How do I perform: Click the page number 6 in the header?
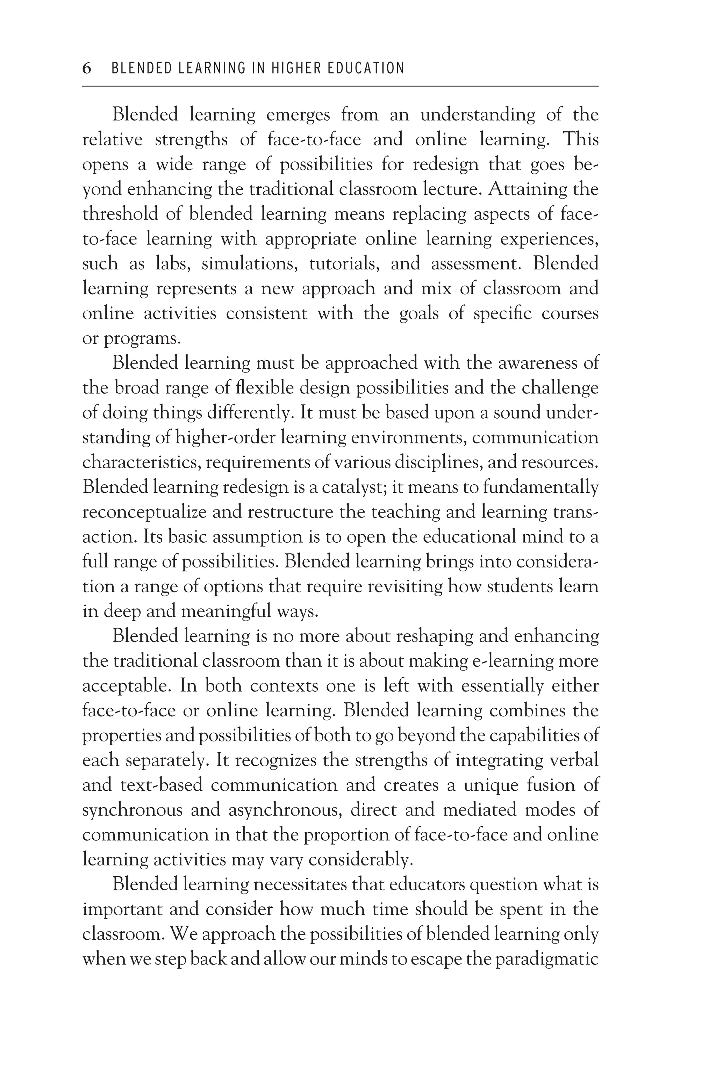tap(87, 68)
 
